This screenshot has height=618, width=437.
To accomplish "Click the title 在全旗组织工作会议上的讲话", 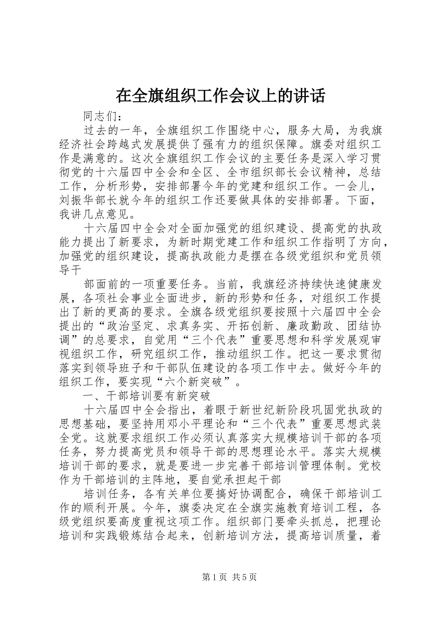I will click(x=220, y=96).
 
